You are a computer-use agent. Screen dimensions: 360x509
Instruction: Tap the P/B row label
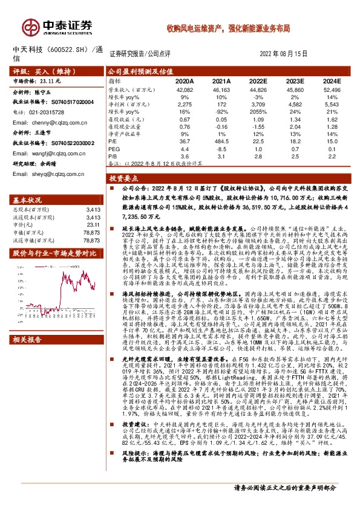[113, 157]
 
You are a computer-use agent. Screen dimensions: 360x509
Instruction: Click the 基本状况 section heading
[28, 199]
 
